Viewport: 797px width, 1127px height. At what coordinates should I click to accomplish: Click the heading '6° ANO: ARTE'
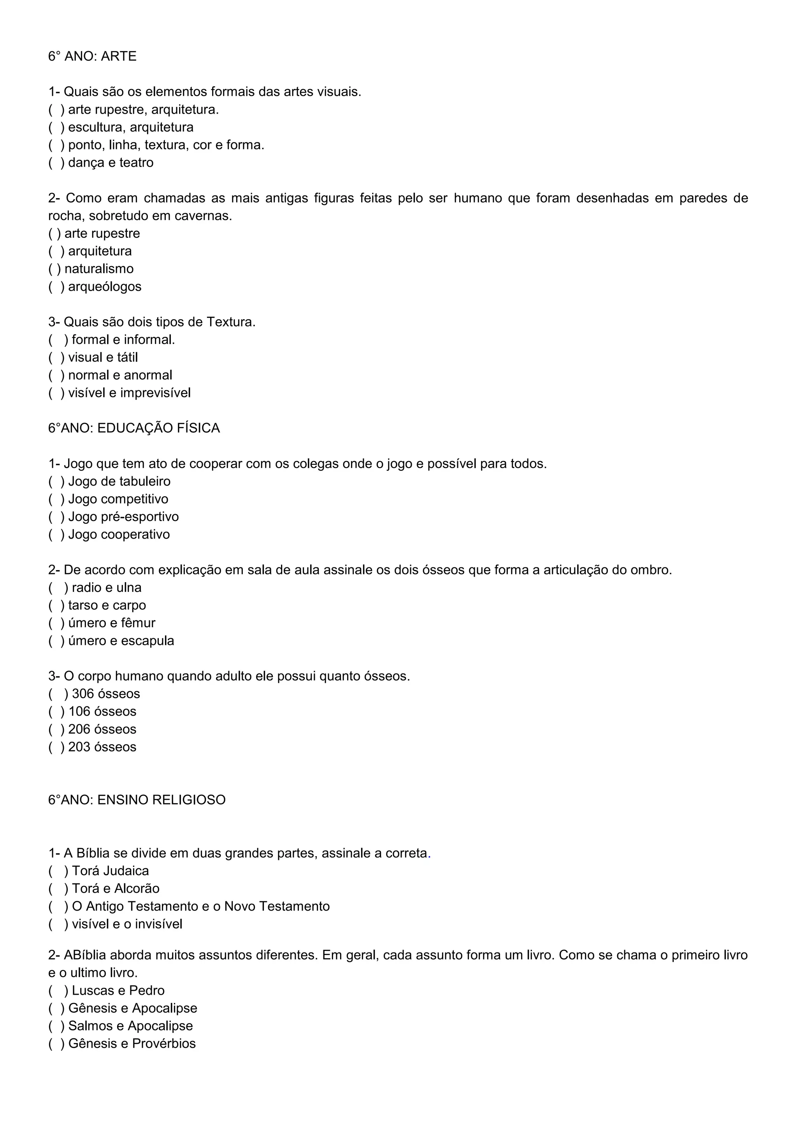click(x=92, y=56)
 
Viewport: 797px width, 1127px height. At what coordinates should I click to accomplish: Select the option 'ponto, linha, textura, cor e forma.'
click(x=166, y=145)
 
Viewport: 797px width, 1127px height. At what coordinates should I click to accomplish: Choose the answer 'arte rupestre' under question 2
click(x=102, y=233)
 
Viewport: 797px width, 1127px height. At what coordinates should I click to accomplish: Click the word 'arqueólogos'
click(x=105, y=287)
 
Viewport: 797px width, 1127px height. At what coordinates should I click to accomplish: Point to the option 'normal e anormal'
click(x=120, y=376)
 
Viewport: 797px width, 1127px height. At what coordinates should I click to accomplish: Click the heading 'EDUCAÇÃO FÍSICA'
click(x=158, y=428)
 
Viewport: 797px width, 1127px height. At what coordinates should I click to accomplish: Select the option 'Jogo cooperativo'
click(x=119, y=535)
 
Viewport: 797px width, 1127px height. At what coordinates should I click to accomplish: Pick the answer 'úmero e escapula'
click(x=121, y=641)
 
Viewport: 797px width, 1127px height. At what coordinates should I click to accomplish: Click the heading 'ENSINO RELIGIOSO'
click(x=162, y=800)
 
